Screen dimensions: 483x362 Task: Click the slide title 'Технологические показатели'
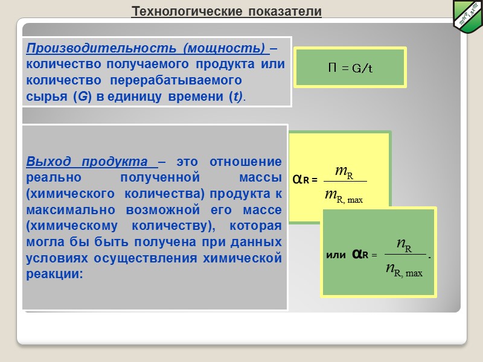[x=226, y=12]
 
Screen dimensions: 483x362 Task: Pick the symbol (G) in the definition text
[x=82, y=97]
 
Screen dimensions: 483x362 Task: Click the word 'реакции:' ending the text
[x=54, y=274]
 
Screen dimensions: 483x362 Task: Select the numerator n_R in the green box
[x=405, y=244]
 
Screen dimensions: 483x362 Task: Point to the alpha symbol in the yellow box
[x=297, y=180]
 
